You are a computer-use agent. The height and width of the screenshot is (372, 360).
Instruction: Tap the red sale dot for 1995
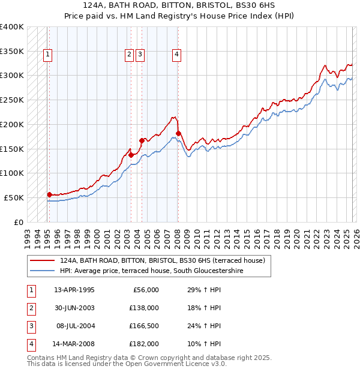click(x=49, y=194)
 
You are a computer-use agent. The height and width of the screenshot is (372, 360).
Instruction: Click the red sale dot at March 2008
click(x=178, y=133)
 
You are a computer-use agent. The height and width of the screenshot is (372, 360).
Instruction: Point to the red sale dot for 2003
click(x=131, y=154)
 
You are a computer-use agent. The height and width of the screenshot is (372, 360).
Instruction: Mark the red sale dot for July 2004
click(x=142, y=140)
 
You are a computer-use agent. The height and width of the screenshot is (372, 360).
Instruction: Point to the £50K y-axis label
click(x=14, y=197)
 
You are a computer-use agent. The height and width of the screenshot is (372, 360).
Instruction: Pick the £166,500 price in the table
click(x=145, y=326)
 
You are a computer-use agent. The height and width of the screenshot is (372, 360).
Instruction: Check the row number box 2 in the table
click(x=31, y=308)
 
